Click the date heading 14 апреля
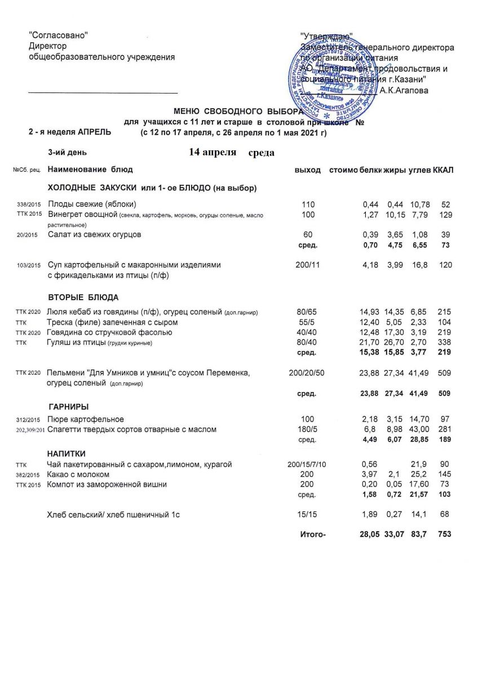[212, 153]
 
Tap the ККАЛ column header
[443, 170]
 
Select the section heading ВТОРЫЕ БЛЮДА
[83, 297]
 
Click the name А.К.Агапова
[404, 90]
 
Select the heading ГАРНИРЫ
[69, 407]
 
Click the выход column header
[308, 170]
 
